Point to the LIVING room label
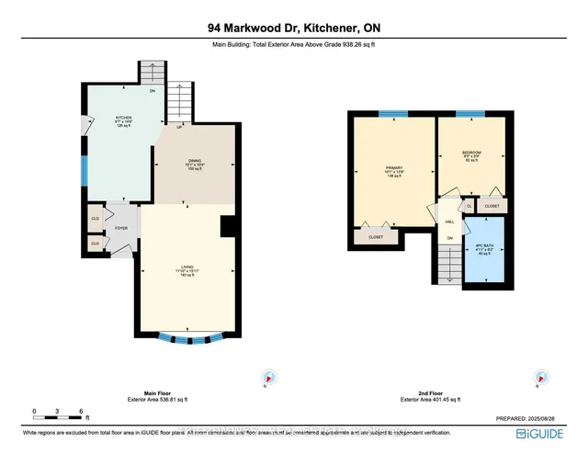[187, 269]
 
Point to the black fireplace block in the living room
[226, 227]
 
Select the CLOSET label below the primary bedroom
[377, 237]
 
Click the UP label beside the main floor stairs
[166, 126]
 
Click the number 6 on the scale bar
[82, 411]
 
